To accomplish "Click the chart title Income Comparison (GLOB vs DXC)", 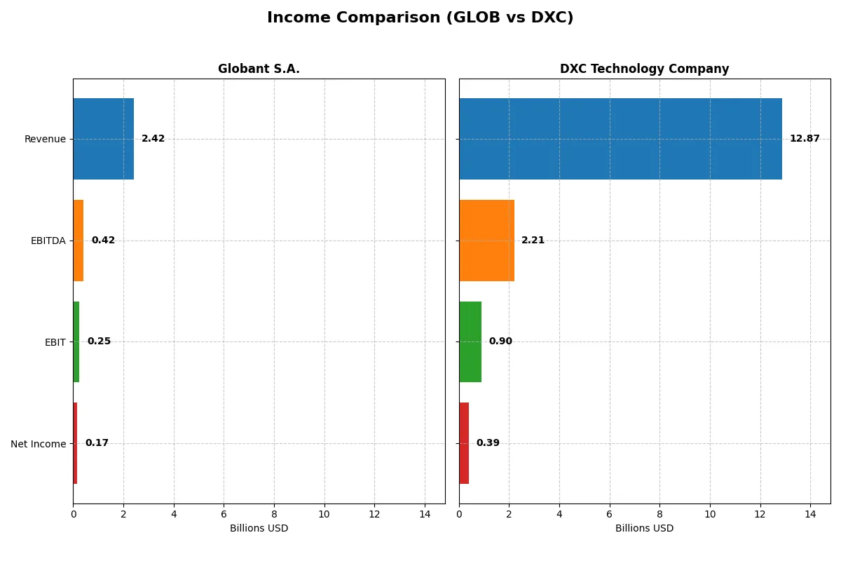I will (420, 18).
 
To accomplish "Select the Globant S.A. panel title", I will (259, 69).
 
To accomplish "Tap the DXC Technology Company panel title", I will (644, 69).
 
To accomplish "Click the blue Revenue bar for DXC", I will (620, 139).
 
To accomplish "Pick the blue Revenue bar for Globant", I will (103, 139).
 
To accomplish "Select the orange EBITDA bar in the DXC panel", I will (486, 241).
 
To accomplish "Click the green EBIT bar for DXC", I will (470, 342).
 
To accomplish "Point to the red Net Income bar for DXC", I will (464, 443).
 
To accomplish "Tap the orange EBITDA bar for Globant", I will (78, 241).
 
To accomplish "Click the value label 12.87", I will (804, 139).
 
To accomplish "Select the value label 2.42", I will (153, 139).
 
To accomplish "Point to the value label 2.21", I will (533, 241).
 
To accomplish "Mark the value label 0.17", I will (97, 443).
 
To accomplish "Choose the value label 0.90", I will (500, 342).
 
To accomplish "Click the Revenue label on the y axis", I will (45, 140).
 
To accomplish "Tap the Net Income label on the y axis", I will (39, 444).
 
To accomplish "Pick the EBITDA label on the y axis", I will (48, 241).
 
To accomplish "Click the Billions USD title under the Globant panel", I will (259, 529).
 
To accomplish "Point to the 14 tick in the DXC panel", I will (810, 514).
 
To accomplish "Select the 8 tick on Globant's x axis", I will (274, 514).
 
